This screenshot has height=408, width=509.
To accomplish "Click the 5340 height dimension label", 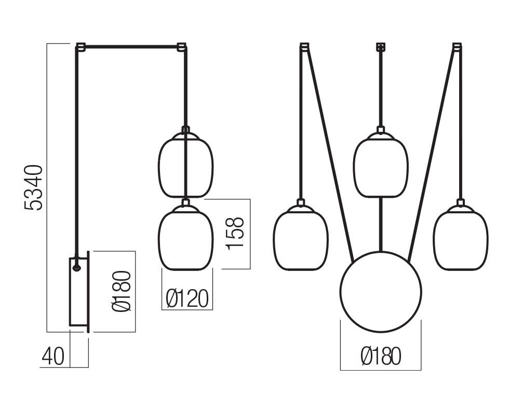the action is click(33, 188).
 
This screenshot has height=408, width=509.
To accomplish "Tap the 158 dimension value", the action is click(234, 233).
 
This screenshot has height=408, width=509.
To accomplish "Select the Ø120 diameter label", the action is click(186, 298).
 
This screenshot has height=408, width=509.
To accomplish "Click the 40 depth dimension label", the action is click(53, 356).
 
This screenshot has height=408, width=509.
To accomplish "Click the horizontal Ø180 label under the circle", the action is click(381, 356).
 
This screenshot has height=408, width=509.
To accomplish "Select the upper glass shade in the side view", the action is click(186, 165).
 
